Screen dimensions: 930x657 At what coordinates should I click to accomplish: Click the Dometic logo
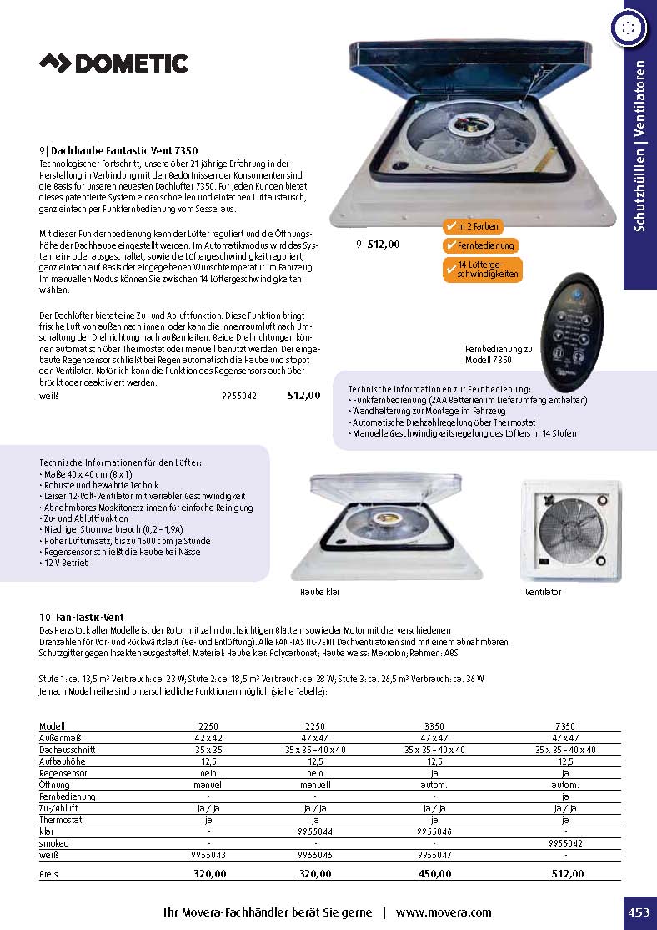coord(114,63)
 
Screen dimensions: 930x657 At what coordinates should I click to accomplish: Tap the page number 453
coord(639,912)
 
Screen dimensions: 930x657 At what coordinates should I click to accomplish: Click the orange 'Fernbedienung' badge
coord(480,245)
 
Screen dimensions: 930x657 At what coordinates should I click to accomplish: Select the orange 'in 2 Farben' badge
coord(474,226)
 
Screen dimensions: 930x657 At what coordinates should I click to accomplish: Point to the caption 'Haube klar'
coord(320,592)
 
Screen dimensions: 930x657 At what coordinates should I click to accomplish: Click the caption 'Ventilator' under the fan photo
coord(543,592)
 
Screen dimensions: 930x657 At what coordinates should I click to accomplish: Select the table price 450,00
coord(435,873)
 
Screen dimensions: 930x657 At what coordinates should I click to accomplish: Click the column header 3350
coord(435,726)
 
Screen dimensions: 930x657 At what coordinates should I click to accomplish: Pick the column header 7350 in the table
coord(565,726)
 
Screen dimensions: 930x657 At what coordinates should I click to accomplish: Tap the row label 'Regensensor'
coord(63,773)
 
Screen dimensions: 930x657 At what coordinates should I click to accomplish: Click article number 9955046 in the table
coord(435,831)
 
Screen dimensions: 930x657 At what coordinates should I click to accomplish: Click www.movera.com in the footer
coord(444,912)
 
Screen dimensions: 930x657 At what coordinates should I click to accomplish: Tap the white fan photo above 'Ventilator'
coord(571,531)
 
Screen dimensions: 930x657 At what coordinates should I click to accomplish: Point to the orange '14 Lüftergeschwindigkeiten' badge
coord(483,269)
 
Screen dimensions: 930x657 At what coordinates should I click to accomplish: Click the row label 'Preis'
coord(49,873)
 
